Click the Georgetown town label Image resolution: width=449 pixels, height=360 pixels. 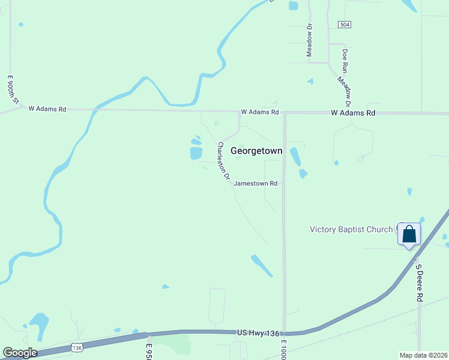256,152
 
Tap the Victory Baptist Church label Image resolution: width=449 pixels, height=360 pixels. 351,229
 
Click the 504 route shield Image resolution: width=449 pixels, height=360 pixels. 345,25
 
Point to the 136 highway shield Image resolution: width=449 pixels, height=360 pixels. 76,347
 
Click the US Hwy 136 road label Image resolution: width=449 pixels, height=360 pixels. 258,332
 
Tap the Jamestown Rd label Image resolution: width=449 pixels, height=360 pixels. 255,184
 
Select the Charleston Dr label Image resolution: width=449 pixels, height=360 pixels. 224,161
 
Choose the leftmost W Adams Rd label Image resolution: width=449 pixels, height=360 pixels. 47,109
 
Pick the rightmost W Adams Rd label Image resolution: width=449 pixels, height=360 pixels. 354,113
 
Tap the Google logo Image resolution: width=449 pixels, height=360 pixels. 20,353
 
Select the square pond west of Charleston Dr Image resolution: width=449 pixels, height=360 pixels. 196,153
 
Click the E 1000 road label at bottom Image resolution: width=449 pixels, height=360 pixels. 284,349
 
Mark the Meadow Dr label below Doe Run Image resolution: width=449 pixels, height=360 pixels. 345,88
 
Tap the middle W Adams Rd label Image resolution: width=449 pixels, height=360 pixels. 260,112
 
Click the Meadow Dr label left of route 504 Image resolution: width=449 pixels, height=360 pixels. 310,40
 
